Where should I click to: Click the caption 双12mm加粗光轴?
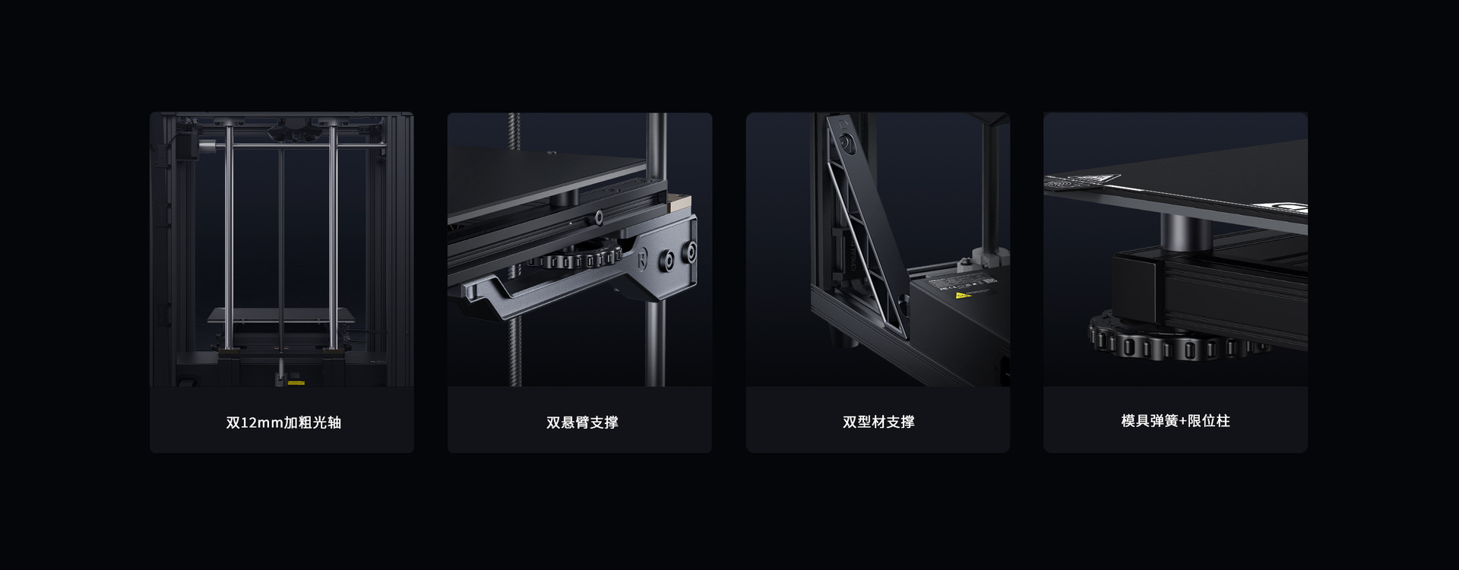(x=283, y=423)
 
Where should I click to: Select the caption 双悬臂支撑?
(x=582, y=423)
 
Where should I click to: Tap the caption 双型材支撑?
(x=878, y=422)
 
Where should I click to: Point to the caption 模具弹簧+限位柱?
(x=1176, y=421)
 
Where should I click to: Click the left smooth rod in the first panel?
(x=229, y=236)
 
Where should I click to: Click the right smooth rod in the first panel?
(x=333, y=236)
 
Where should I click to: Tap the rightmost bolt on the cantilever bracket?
(x=690, y=252)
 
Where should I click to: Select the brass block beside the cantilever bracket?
(x=679, y=201)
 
